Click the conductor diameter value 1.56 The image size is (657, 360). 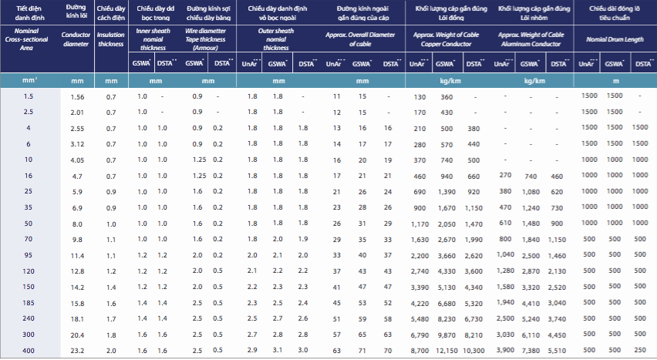coord(77,96)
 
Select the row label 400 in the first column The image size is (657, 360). coord(28,351)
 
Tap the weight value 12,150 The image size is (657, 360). coord(446,351)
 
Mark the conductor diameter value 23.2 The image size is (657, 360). coord(77,351)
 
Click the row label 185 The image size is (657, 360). coord(28,303)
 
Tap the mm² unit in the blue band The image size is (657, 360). coord(28,80)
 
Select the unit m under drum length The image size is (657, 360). coord(615,80)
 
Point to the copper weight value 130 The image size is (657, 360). coord(419,96)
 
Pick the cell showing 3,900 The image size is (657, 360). coord(502,351)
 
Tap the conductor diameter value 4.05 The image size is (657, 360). coord(77,160)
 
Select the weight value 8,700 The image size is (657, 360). coord(419,351)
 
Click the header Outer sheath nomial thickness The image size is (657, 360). coord(277,39)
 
